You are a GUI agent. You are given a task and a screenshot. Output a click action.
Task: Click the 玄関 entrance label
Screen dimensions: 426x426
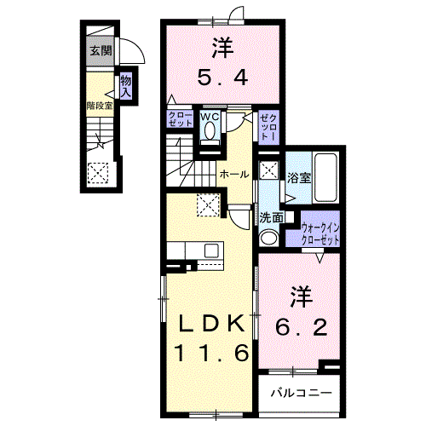101,51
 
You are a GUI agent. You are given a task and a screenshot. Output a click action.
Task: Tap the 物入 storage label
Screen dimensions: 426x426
126,87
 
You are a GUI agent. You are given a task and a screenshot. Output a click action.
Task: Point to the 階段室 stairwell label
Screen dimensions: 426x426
100,106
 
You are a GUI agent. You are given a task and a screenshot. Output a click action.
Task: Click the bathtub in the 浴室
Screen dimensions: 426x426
325,178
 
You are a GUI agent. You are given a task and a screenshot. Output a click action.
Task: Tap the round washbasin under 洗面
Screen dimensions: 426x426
268,238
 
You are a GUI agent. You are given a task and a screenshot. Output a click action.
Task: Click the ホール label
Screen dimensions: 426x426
234,175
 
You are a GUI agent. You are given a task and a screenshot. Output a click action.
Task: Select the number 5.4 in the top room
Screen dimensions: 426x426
222,78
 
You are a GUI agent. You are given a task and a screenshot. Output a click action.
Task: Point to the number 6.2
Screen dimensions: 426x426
301,327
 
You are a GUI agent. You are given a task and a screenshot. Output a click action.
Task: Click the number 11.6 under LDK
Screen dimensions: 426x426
213,353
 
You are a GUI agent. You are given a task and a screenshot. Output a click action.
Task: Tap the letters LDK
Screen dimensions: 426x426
211,324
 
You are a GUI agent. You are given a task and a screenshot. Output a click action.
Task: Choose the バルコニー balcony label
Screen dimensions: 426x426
301,393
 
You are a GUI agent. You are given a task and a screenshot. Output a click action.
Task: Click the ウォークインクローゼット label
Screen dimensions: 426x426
320,234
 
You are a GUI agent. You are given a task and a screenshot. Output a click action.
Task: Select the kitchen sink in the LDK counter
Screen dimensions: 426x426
211,250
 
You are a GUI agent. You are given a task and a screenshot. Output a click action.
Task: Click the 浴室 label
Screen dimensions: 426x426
299,178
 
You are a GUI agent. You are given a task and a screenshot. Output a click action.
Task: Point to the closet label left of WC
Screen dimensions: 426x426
181,119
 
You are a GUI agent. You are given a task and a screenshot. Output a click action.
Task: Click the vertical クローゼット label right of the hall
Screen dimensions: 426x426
268,127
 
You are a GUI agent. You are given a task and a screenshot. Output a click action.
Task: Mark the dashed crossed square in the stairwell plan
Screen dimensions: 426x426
98,173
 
